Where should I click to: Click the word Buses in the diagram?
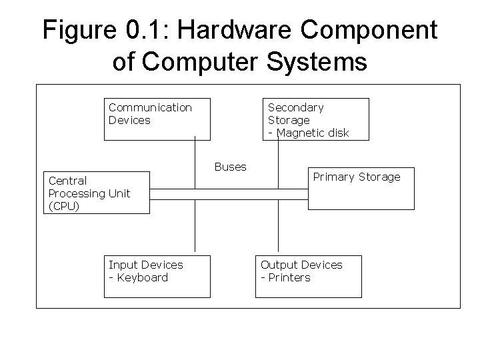pyautogui.click(x=230, y=167)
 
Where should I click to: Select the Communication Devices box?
pyautogui.click(x=157, y=119)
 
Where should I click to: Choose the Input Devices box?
pyautogui.click(x=157, y=276)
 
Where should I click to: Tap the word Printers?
pyautogui.click(x=288, y=277)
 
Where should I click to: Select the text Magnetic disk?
pyautogui.click(x=312, y=133)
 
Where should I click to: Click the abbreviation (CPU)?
pyautogui.click(x=64, y=206)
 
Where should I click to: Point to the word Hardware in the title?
pyautogui.click(x=214, y=31)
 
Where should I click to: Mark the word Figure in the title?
pyautogui.click(x=71, y=31)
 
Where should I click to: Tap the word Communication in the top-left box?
pyautogui.click(x=150, y=107)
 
